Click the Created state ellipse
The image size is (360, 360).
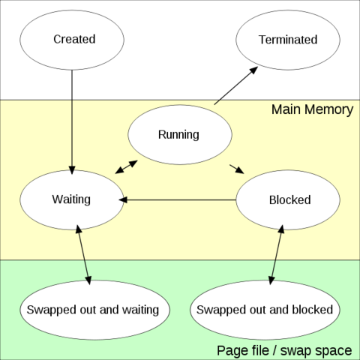72,40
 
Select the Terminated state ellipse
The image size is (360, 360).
288,40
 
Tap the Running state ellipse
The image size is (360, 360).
180,134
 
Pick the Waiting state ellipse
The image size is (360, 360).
72,200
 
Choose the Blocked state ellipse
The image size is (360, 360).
288,200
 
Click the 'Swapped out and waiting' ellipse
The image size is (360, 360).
94,310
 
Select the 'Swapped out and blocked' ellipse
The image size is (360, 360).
265,310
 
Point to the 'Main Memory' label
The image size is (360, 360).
313,109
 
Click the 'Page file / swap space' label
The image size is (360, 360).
284,350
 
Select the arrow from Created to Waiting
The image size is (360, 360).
72,122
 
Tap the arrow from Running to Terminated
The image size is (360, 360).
236,85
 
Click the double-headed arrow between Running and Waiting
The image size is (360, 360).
126,166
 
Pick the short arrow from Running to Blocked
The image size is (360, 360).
237,169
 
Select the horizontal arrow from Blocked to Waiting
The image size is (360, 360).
178,200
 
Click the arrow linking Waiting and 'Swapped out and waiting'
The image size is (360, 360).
83,255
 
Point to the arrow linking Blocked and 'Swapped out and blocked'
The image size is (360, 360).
276,255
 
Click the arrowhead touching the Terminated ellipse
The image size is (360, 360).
253,70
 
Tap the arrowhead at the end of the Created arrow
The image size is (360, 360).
72,170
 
